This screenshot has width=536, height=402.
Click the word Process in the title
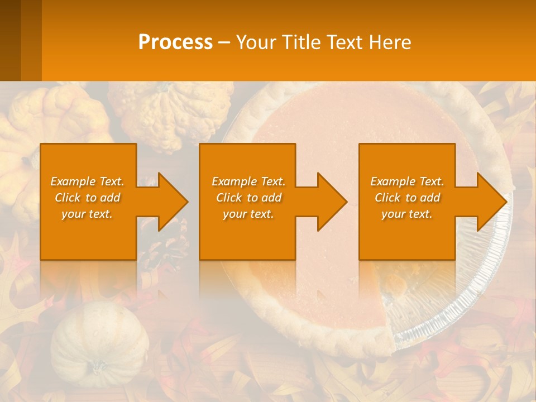tap(175, 42)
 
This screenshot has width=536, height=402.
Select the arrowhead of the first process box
tap(170, 202)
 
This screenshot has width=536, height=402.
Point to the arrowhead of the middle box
tap(329, 202)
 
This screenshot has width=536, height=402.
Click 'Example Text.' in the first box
tap(87, 181)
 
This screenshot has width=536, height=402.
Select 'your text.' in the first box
tap(87, 214)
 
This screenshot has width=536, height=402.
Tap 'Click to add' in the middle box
tap(248, 198)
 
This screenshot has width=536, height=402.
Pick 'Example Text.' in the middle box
tap(248, 181)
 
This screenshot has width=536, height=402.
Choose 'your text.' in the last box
tap(407, 214)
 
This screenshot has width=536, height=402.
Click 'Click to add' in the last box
tap(407, 198)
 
